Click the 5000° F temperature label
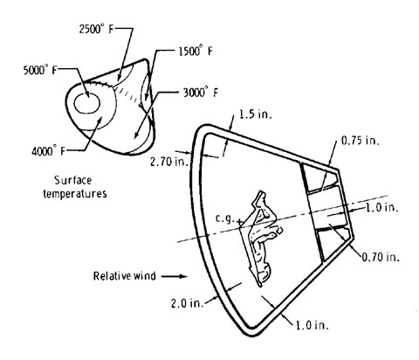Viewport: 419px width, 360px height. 39,70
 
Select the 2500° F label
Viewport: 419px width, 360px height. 96,29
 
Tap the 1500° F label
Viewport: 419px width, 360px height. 196,52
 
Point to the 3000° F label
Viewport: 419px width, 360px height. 200,93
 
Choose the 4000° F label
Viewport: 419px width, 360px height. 48,151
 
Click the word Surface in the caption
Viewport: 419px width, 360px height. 73,181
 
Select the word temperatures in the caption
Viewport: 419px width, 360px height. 75,194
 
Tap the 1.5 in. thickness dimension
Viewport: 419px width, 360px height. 255,114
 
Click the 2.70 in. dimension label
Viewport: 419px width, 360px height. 169,162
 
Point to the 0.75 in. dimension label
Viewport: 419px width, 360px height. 360,141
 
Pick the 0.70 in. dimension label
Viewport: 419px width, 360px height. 381,257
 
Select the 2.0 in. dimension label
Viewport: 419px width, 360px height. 187,303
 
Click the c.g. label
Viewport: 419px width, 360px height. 224,218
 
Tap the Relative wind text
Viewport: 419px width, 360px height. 124,276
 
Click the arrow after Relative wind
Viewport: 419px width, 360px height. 174,276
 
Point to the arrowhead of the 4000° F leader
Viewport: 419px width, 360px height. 100,121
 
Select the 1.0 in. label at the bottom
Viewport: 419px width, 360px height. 313,325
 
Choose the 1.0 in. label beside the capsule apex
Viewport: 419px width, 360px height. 381,208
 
